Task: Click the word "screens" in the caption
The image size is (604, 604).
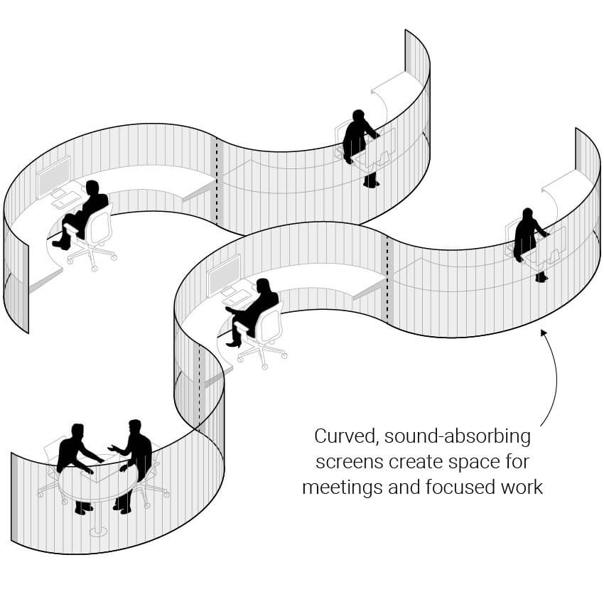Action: click(x=350, y=463)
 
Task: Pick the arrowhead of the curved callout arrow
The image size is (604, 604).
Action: click(x=544, y=333)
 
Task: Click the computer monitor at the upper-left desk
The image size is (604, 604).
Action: click(x=53, y=176)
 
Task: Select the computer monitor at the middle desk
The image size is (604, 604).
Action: click(x=224, y=274)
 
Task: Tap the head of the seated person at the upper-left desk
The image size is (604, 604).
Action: click(x=92, y=188)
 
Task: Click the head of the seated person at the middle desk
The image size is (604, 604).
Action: click(x=263, y=286)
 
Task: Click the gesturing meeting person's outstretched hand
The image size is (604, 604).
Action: click(x=113, y=448)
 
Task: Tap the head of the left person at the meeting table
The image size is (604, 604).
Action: click(x=78, y=432)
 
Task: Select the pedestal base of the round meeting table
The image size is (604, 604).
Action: click(x=98, y=532)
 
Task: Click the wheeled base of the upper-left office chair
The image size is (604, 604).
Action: click(x=92, y=256)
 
